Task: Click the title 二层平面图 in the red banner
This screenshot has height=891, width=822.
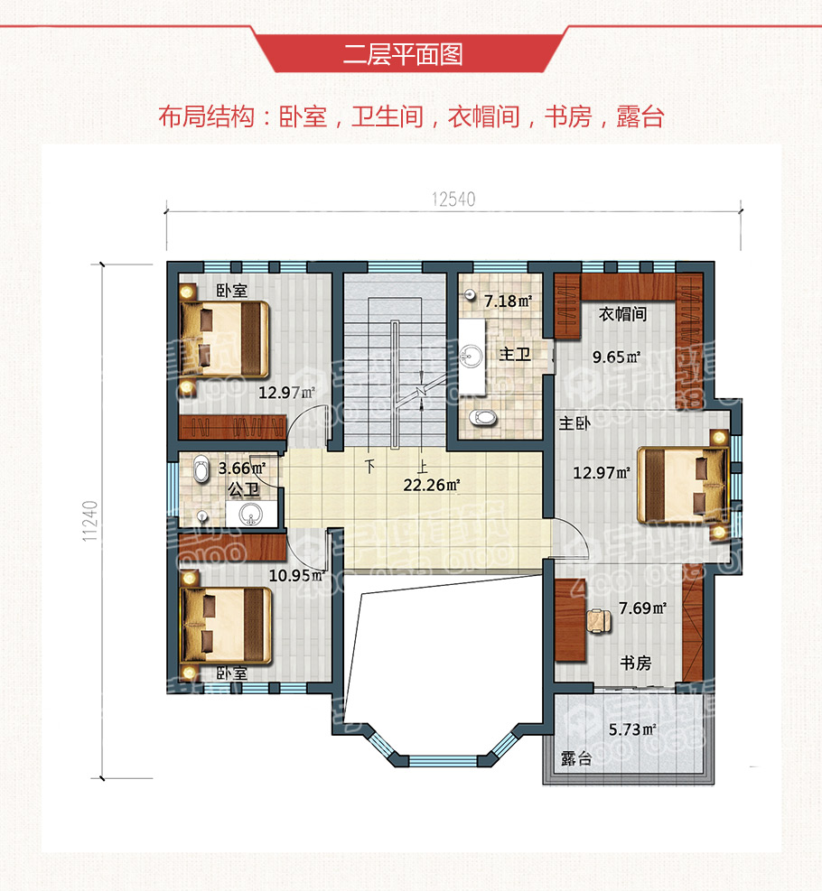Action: (x=403, y=54)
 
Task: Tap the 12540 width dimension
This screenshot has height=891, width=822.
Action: (x=453, y=200)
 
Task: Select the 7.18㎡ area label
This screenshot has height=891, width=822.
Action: (x=507, y=300)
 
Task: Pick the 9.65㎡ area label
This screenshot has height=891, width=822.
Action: (x=616, y=356)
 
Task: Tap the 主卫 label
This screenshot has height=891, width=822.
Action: (x=513, y=355)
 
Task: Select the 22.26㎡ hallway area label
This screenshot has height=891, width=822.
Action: (x=432, y=485)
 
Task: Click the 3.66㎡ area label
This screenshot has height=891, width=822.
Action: (x=241, y=468)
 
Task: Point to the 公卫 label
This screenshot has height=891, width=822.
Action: (x=244, y=490)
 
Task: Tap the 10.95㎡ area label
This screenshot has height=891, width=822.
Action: (x=296, y=574)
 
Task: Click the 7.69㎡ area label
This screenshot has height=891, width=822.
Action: (x=642, y=608)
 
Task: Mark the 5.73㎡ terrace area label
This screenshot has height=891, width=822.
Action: (x=631, y=729)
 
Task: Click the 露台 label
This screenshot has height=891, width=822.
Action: (x=575, y=758)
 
